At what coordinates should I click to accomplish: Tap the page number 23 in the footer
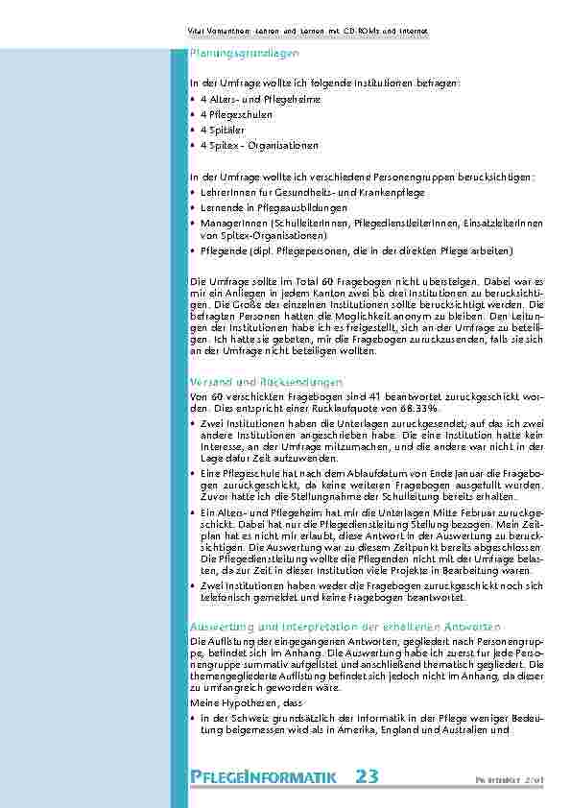[367, 776]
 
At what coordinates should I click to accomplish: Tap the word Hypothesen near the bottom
[245, 702]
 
